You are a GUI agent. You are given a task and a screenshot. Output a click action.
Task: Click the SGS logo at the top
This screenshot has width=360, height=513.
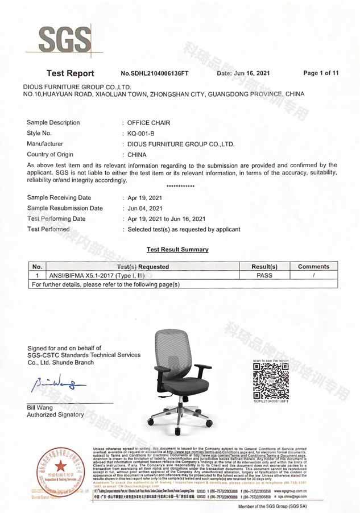coord(64,40)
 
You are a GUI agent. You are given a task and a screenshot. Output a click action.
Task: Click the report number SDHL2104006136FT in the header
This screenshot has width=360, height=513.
coord(156,73)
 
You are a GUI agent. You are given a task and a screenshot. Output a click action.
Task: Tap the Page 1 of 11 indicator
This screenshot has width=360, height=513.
coord(321,73)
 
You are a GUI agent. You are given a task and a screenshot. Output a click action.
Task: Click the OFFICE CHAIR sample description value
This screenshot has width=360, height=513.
coord(148,123)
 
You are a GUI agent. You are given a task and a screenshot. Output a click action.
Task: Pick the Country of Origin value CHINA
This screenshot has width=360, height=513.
coord(136,155)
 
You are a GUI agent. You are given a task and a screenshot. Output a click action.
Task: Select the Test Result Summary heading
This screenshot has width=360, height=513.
coord(177,249)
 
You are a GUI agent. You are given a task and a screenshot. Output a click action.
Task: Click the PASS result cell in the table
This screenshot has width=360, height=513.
coord(264,275)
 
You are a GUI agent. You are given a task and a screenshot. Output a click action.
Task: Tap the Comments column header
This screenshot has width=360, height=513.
coord(313,266)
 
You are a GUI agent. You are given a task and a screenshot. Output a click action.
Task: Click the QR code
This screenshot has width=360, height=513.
coord(270,380)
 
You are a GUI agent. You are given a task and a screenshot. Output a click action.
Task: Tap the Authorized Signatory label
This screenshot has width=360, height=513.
coord(55,415)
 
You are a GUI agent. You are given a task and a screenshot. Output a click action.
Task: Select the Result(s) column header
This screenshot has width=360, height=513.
coord(264,266)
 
